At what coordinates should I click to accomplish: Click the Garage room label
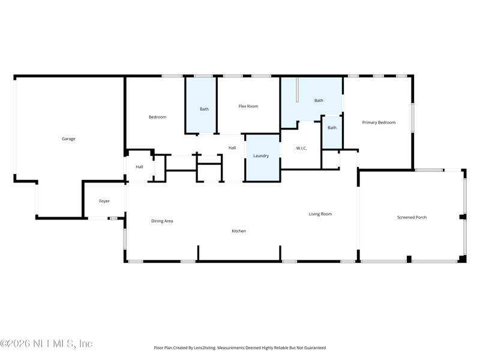68,139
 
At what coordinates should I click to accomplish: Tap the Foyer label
104,201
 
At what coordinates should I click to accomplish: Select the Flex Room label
248,106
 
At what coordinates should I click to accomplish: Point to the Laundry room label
261,156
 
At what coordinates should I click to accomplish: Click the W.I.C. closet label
301,148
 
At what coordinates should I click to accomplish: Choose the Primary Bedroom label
379,122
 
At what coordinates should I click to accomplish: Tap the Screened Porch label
412,217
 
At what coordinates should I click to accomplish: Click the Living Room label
320,214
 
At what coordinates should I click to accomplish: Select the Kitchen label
239,231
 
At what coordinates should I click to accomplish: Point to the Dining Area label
162,221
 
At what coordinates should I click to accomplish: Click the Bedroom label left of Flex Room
157,117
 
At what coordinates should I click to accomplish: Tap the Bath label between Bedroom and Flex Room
204,109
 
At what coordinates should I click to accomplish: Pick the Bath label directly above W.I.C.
319,101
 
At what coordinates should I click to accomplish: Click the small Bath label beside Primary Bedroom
332,128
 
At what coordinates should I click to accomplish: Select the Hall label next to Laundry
232,148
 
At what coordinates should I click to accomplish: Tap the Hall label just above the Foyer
139,167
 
